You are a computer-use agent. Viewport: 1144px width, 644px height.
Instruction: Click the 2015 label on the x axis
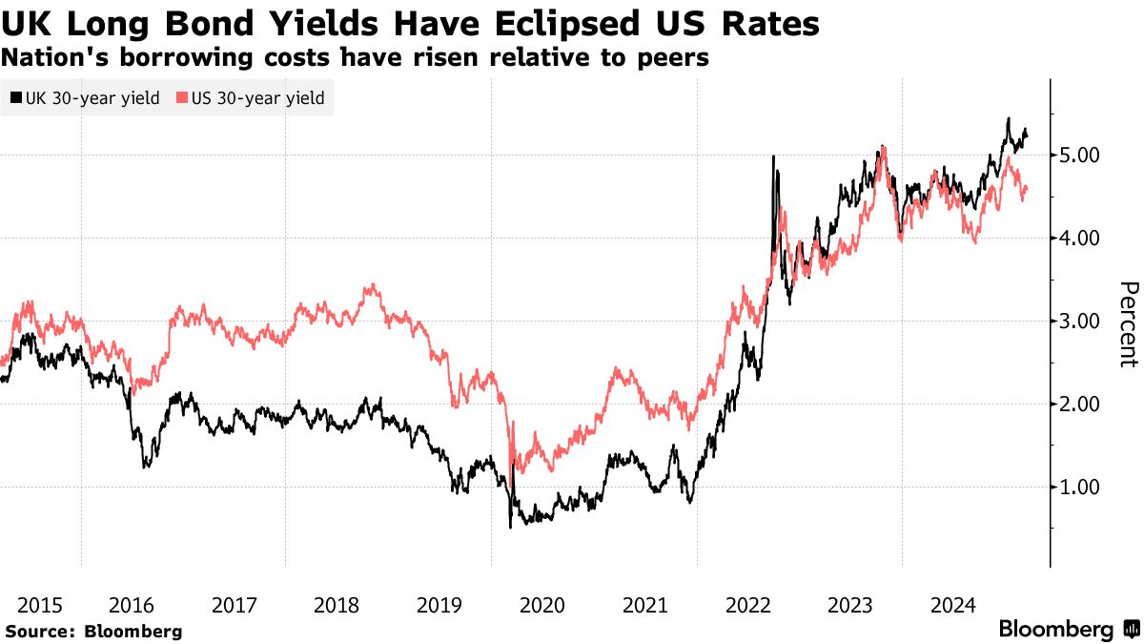[x=40, y=605]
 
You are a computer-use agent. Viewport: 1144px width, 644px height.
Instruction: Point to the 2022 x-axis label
[x=748, y=605]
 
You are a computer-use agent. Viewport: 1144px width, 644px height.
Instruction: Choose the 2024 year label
[x=952, y=605]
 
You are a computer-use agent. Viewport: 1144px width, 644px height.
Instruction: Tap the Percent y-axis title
[x=1128, y=324]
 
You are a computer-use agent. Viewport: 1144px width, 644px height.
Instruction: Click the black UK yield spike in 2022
[x=772, y=157]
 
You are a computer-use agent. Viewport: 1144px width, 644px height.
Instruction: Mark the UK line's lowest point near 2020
[x=511, y=526]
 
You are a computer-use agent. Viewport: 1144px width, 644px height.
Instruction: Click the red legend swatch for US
[x=181, y=97]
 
